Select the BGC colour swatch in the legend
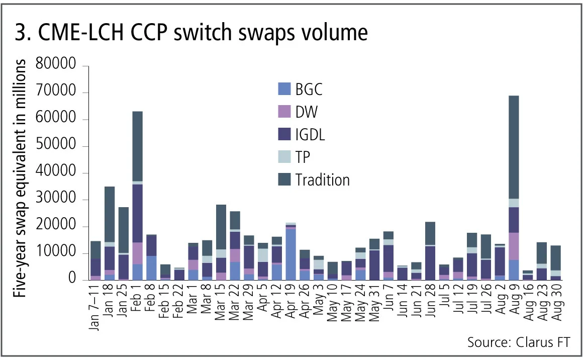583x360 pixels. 284,89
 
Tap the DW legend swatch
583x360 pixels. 284,112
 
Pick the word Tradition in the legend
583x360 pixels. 322,179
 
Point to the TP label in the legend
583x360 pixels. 303,157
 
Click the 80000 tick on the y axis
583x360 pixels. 61,66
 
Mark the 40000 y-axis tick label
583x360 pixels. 61,173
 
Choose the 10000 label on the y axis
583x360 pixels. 61,253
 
